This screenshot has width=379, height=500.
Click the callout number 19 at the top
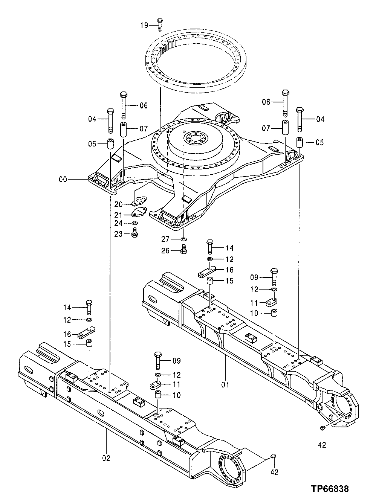point(145,26)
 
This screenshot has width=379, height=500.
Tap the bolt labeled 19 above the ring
point(160,24)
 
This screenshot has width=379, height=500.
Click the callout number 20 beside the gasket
point(119,204)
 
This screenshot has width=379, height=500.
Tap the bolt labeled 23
point(135,234)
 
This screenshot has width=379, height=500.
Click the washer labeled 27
point(183,239)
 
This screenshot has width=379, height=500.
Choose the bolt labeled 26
point(184,249)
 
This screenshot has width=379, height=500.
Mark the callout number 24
point(119,224)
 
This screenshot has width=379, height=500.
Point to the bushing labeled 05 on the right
point(300,143)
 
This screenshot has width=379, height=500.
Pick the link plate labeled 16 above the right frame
point(206,271)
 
